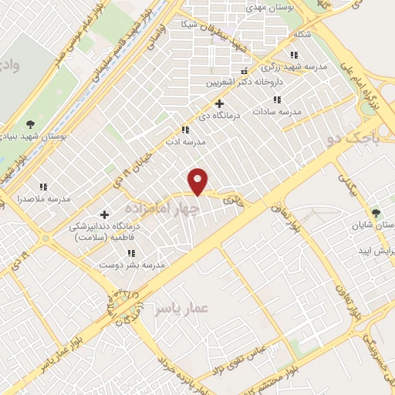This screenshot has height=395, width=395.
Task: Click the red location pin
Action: pos(199,181)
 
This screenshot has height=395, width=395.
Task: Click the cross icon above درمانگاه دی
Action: pos(219,103)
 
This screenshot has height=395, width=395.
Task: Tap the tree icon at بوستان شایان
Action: pos(376,212)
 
